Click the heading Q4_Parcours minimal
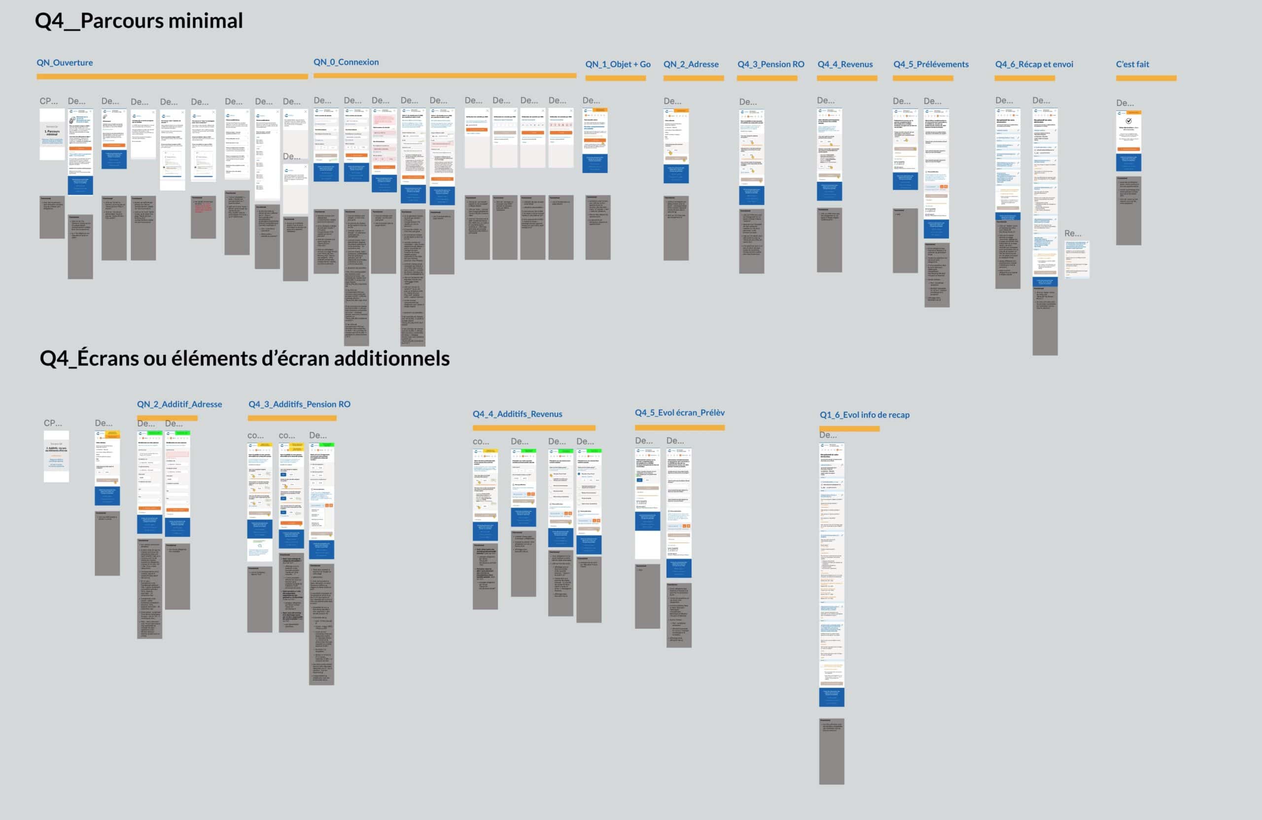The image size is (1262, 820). (139, 21)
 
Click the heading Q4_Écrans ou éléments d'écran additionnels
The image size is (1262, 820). (245, 359)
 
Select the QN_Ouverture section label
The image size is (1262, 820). (65, 63)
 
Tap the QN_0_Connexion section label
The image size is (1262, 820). (346, 62)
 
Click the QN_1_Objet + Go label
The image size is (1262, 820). (618, 64)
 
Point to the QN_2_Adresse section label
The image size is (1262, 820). (691, 64)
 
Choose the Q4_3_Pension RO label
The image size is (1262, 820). (771, 64)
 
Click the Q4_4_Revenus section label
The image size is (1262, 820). (844, 64)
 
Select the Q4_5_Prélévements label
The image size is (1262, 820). (931, 64)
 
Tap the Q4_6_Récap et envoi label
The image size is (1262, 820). (1033, 64)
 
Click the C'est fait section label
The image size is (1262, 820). (1132, 64)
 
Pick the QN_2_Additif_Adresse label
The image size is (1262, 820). (179, 404)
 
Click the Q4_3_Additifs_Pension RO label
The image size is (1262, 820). (299, 404)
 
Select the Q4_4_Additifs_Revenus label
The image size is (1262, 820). (517, 414)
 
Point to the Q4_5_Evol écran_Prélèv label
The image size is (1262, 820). (679, 412)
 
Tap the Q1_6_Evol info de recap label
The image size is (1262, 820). (864, 414)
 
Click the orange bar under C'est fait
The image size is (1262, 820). (1146, 78)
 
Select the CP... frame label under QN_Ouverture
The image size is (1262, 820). (49, 101)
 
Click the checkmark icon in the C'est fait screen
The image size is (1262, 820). (1129, 121)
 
